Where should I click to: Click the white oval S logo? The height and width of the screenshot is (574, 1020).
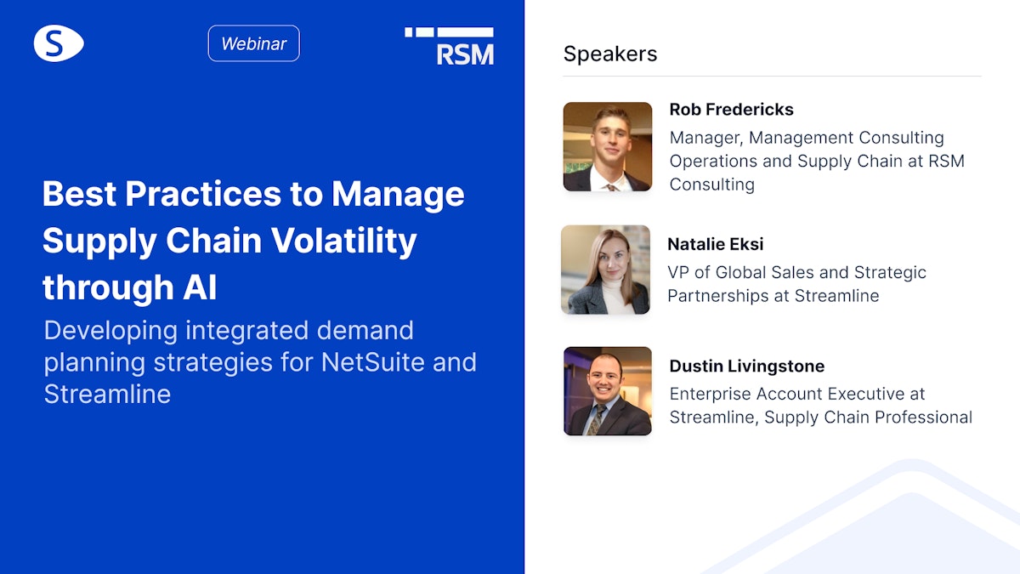[x=59, y=43]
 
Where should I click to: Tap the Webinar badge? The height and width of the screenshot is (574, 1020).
[x=253, y=43]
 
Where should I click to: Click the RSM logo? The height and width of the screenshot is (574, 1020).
[x=450, y=46]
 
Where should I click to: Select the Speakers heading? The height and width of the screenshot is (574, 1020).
[x=610, y=54]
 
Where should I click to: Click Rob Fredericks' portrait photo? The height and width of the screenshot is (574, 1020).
[x=608, y=146]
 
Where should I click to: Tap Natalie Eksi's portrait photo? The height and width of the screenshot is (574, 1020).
[x=606, y=270]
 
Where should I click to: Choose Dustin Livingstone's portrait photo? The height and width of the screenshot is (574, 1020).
[x=608, y=390]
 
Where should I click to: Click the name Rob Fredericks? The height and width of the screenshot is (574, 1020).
[x=731, y=109]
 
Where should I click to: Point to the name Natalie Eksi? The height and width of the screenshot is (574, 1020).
[x=715, y=244]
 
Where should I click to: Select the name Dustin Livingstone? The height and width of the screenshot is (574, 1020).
[x=746, y=366]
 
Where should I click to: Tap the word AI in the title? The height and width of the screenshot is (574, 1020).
[x=199, y=287]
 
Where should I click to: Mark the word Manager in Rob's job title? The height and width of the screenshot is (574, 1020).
[x=705, y=138]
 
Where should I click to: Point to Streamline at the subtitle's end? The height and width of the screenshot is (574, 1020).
[x=107, y=394]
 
